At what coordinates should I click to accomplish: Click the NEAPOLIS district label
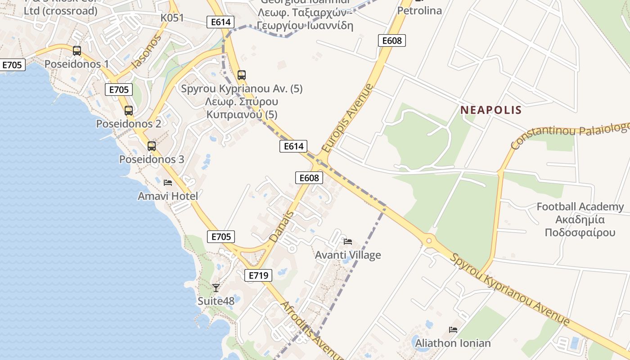point(491,110)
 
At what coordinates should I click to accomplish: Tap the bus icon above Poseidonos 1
point(77,50)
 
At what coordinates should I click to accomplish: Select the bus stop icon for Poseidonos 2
point(129,110)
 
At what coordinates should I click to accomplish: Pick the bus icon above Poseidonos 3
point(152,146)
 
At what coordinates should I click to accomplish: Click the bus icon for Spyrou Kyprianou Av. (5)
point(242,75)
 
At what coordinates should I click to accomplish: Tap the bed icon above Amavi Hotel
point(168,182)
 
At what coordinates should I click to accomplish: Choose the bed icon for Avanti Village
point(348,241)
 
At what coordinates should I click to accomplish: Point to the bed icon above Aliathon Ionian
point(453,330)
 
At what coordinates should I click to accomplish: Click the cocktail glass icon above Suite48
point(216,288)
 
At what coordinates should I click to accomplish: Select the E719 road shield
point(258,275)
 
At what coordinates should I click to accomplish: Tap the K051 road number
point(172,18)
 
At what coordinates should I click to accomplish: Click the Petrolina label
point(420,10)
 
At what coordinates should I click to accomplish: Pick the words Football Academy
point(580,207)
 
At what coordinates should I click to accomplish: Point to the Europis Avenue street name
point(348,118)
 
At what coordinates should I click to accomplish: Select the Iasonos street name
point(146,52)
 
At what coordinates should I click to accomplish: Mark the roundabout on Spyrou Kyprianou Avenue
point(428,241)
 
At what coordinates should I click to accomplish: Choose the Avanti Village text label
point(348,255)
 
